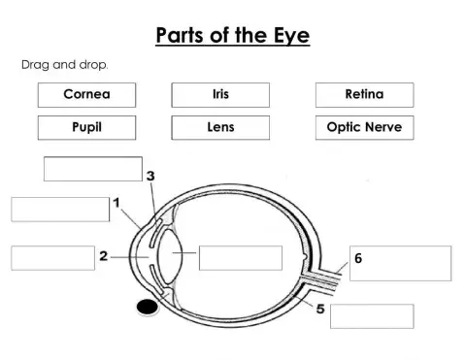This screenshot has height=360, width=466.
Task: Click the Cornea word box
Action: point(86,95)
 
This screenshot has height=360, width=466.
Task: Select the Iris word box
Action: point(219,95)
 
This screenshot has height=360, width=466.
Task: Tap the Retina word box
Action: point(364,95)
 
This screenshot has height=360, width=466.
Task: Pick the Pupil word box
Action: point(86,127)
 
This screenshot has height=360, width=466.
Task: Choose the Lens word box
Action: point(219,127)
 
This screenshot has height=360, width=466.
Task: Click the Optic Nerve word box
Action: point(364,127)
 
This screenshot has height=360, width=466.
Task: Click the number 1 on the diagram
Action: point(116,204)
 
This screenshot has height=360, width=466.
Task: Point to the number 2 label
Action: point(103,256)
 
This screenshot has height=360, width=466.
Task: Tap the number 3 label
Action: point(150,176)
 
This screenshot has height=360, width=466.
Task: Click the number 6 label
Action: point(358,259)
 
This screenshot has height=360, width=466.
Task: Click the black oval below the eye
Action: point(147,308)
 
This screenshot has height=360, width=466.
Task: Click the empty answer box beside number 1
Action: point(60,209)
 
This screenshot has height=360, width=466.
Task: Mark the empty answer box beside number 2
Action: point(52,257)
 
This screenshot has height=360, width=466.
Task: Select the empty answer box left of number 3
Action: point(93,168)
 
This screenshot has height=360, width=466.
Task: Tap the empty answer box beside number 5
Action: point(372,316)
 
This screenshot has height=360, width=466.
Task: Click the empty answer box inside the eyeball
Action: point(240,258)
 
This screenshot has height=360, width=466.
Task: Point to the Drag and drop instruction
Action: point(65,64)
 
